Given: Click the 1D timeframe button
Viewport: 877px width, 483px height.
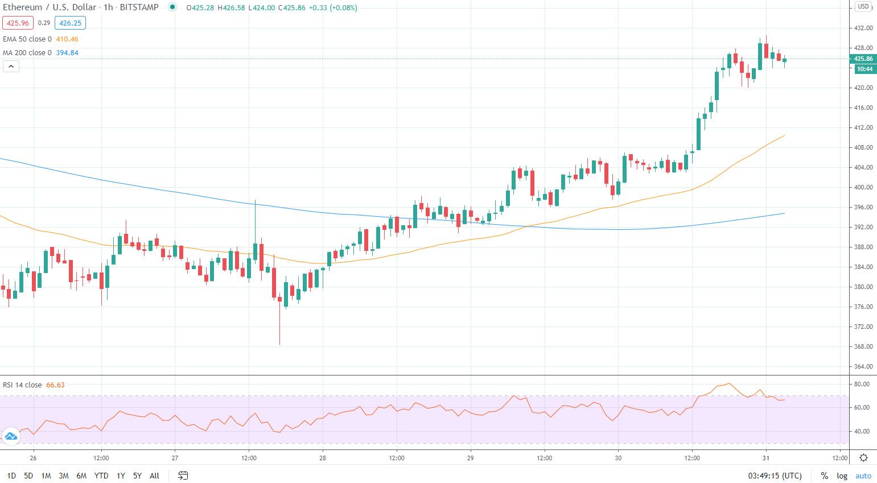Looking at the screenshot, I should [11, 476].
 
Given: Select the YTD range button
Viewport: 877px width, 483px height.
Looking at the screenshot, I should [101, 476].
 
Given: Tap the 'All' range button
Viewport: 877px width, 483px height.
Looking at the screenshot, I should [154, 476].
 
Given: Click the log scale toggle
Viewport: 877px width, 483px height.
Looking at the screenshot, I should [842, 476].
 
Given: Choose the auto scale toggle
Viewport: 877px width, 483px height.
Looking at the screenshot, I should [863, 476].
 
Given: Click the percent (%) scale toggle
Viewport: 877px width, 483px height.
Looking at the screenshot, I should [824, 476].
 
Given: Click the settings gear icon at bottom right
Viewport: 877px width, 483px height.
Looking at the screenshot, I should [863, 458].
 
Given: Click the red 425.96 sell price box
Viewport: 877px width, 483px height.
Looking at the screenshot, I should [18, 23].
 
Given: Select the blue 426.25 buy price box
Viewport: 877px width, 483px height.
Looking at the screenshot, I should [71, 23].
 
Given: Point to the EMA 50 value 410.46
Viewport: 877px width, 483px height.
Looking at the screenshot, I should [67, 39].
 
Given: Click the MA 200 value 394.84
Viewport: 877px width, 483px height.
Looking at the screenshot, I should [67, 53].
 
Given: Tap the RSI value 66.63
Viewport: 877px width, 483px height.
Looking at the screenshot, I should [55, 385].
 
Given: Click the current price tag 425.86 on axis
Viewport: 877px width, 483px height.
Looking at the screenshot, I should [863, 59].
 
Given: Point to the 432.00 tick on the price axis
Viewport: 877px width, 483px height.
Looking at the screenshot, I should [863, 28].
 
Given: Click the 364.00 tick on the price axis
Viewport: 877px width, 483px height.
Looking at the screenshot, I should [863, 366].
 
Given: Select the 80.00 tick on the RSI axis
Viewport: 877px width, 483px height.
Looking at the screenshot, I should [862, 384].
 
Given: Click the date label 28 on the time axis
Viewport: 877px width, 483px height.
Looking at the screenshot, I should [323, 458].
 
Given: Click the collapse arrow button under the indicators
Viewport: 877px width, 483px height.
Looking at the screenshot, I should [11, 67].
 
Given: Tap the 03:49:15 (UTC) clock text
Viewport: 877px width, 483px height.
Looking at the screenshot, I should [775, 476].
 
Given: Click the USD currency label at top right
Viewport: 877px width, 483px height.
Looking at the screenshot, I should [863, 7].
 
